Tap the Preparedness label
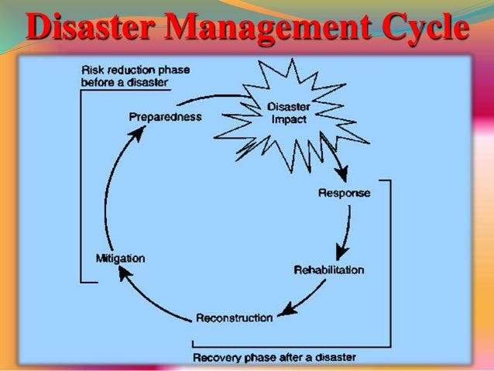pyautogui.click(x=165, y=117)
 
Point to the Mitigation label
pyautogui.click(x=119, y=257)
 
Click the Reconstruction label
pyautogui.click(x=235, y=317)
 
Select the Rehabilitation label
pyautogui.click(x=329, y=270)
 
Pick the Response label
pyautogui.click(x=345, y=193)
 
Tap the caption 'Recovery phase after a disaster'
pyautogui.click(x=275, y=357)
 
